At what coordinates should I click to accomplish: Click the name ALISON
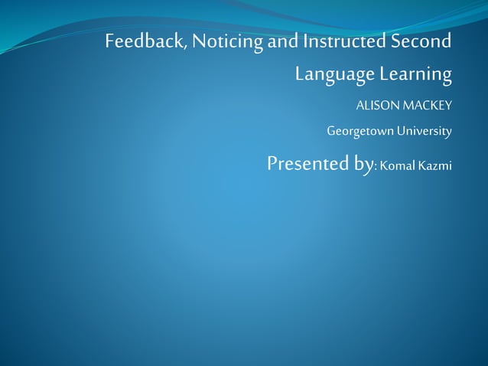tap(375, 104)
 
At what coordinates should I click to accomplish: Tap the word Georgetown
tap(359, 132)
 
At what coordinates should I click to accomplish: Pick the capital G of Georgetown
tap(331, 131)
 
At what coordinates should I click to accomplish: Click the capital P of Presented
tap(273, 163)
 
